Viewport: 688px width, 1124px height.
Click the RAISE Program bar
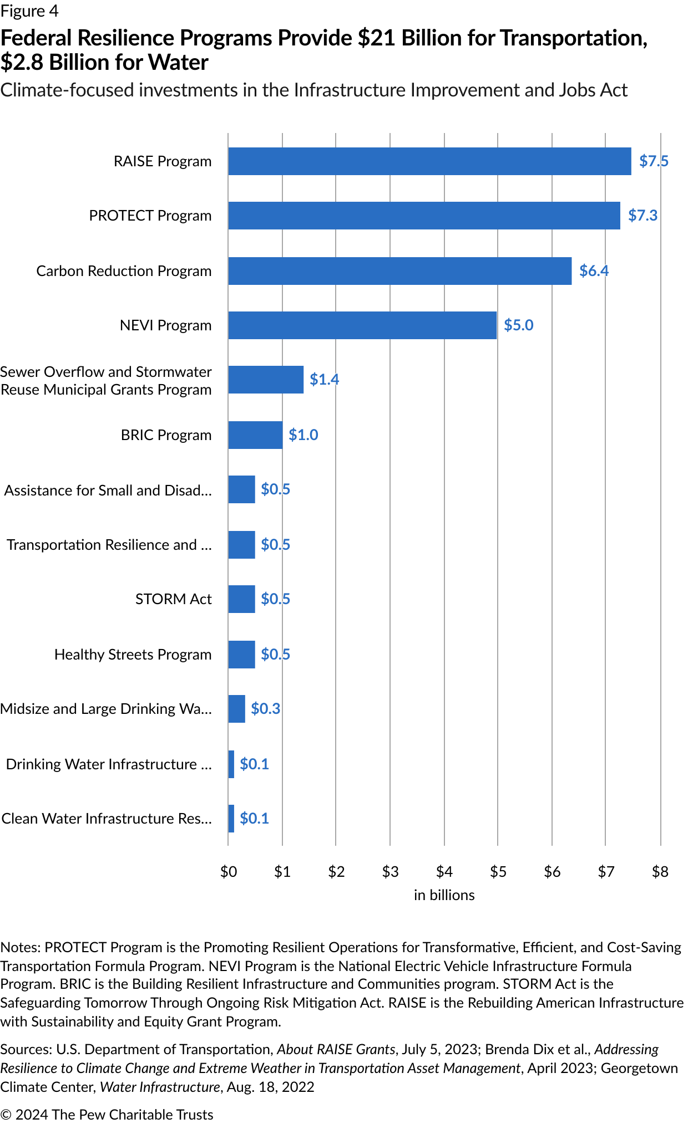[x=429, y=161]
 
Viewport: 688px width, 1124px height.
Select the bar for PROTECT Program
[x=424, y=216]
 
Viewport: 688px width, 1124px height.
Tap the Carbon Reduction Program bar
[x=399, y=271]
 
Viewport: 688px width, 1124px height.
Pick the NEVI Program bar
[x=362, y=325]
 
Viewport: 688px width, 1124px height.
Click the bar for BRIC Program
[x=255, y=435]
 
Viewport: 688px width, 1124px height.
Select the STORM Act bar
[x=241, y=599]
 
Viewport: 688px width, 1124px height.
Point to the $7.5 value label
[x=654, y=161]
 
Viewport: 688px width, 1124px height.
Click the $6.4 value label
[x=594, y=270]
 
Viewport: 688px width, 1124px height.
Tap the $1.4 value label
[x=324, y=380]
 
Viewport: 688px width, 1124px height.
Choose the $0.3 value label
[x=265, y=709]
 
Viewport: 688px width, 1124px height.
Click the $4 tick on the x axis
[x=444, y=872]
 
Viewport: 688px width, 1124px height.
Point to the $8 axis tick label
[x=660, y=872]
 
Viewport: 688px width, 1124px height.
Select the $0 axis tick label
[x=228, y=872]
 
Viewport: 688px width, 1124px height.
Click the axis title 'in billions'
[x=444, y=895]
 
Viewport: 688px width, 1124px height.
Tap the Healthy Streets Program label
[x=133, y=655]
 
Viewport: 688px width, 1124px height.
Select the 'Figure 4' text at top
[x=29, y=11]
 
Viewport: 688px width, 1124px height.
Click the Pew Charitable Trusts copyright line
[x=107, y=1115]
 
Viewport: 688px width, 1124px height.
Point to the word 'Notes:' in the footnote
[x=21, y=947]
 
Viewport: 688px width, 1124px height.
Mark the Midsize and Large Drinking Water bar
[x=236, y=709]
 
